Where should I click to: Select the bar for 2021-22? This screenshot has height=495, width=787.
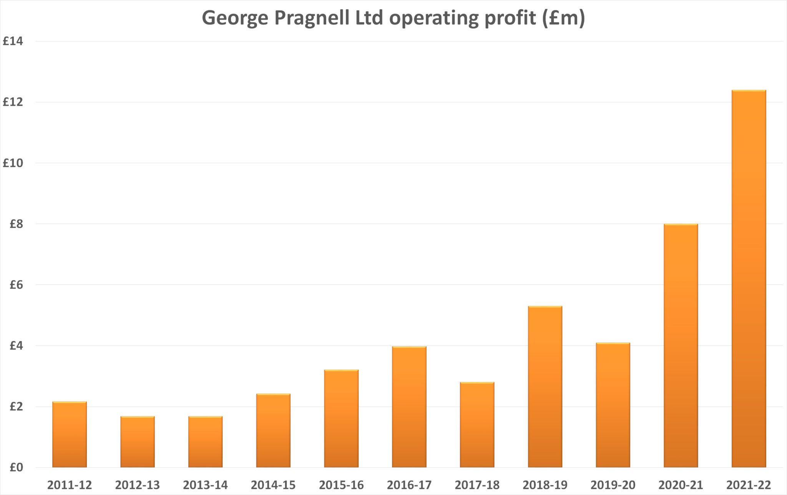749,279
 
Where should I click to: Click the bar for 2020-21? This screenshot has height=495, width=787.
681,346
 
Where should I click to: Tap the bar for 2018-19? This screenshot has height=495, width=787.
545,387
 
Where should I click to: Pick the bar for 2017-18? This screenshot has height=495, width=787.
477,425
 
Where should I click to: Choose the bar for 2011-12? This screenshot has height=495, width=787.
70,434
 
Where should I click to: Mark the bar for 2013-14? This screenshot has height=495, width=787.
205,442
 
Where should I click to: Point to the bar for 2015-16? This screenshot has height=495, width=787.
341,419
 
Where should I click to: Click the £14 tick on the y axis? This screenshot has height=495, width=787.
13,41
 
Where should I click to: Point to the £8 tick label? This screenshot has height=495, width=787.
16,224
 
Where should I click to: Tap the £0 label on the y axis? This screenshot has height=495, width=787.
16,468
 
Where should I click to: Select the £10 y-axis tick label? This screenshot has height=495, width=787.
13,163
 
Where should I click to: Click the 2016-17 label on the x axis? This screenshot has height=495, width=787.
409,485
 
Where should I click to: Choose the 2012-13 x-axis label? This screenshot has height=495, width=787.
137,485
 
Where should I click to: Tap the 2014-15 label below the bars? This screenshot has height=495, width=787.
273,485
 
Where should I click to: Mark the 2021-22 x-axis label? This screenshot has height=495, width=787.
749,485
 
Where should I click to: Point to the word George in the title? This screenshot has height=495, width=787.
235,18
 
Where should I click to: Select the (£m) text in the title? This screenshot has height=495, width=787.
563,18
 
